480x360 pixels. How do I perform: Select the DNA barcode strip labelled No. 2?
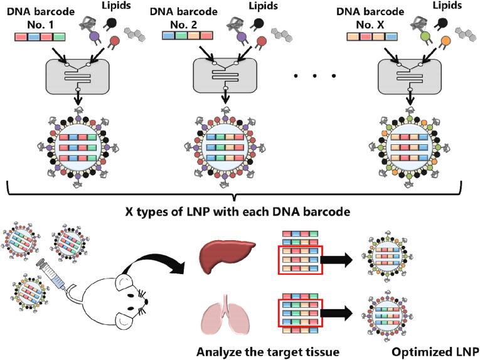tap(187, 36)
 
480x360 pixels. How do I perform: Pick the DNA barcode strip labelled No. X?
tap(371, 36)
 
